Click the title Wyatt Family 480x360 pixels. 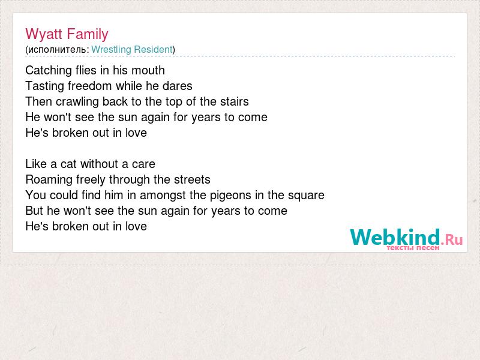point(67,34)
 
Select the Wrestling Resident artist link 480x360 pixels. point(132,49)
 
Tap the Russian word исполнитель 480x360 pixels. point(57,50)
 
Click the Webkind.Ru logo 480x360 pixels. point(406,239)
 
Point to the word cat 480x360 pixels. point(68,164)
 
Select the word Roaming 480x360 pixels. point(49,179)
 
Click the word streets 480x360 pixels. point(192,179)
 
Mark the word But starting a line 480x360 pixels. point(35,211)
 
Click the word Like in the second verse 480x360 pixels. point(36,164)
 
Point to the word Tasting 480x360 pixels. point(45,86)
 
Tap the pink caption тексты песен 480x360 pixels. point(413,248)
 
